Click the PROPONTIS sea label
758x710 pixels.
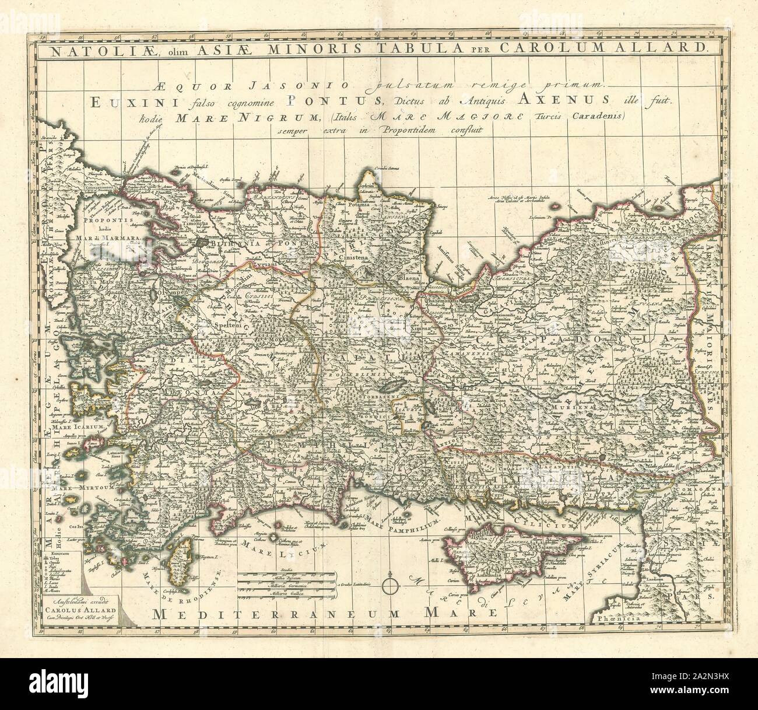point(102,222)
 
